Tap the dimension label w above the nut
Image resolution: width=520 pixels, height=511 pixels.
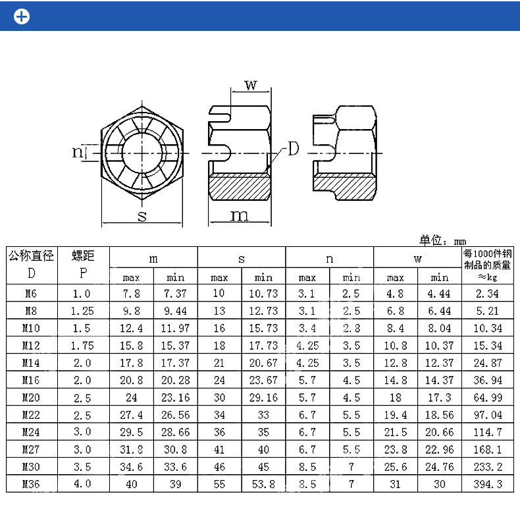(250, 85)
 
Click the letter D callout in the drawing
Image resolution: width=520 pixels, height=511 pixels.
(293, 149)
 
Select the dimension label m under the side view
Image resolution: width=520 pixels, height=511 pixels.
(239, 215)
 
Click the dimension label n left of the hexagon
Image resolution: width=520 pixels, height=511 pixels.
(78, 152)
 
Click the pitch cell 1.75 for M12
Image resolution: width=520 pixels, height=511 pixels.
(83, 345)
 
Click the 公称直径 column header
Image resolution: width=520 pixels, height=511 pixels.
(31, 255)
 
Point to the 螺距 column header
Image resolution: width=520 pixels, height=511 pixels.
(83, 255)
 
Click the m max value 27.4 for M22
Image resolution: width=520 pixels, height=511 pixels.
(131, 414)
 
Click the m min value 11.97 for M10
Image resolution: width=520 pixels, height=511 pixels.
(175, 328)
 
